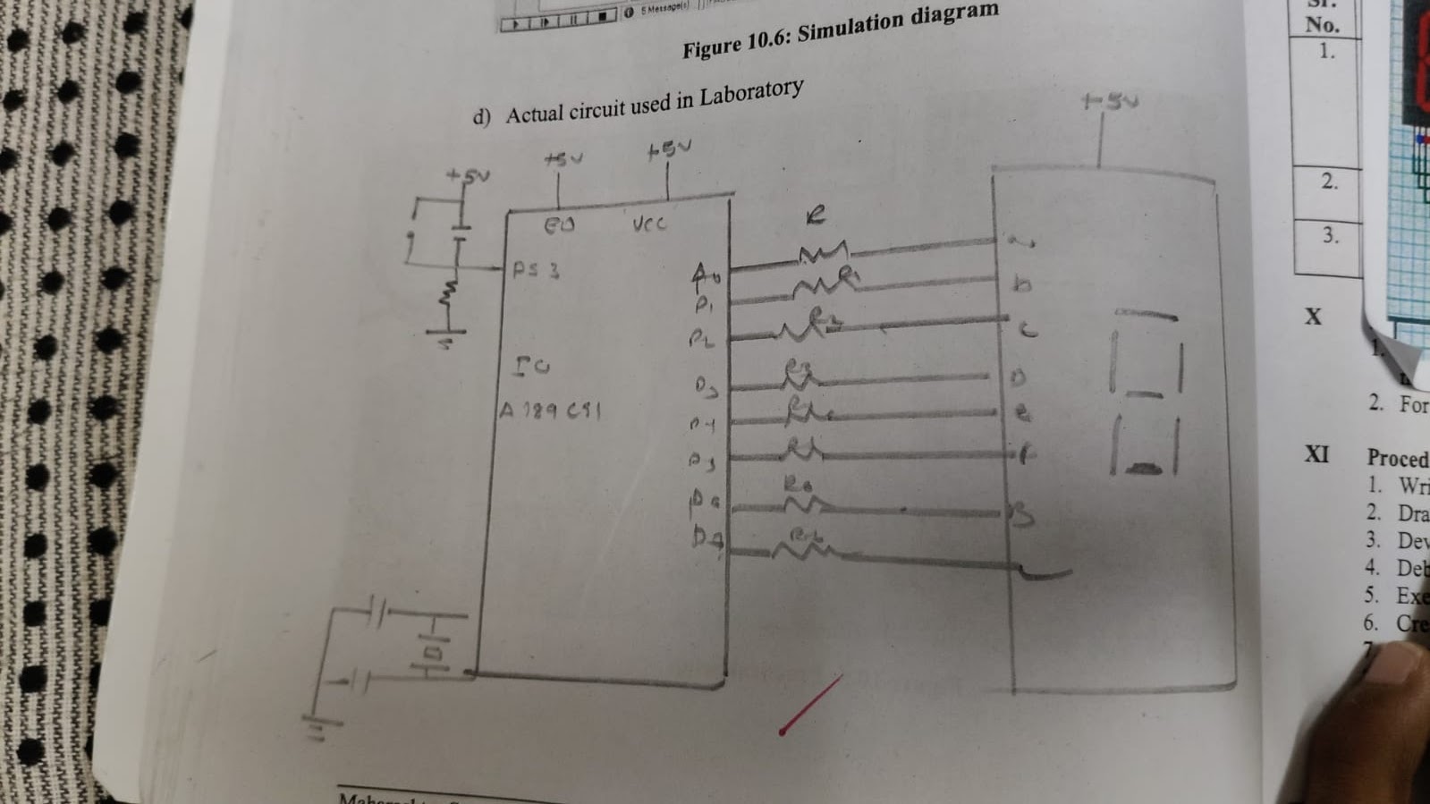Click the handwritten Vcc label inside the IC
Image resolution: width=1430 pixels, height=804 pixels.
click(x=649, y=224)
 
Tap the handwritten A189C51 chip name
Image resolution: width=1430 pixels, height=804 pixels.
click(x=549, y=410)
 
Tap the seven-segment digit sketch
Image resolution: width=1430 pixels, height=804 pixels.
click(x=1146, y=394)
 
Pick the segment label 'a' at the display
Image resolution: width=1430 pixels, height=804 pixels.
click(x=1017, y=240)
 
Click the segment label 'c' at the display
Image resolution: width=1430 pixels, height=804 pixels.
click(x=1028, y=330)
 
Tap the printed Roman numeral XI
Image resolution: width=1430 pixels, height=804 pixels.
click(x=1316, y=454)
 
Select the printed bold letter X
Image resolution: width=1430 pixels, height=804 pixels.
click(x=1313, y=317)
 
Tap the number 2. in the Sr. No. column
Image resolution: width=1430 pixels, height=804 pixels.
click(x=1330, y=182)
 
